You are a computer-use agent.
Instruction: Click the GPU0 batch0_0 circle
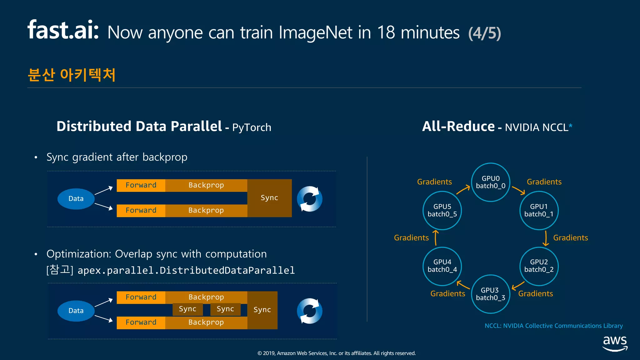[490, 182]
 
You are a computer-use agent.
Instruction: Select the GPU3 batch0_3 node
[490, 294]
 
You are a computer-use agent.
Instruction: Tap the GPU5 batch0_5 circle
[442, 210]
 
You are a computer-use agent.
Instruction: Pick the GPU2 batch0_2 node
[539, 266]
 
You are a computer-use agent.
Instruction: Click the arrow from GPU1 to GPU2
[546, 238]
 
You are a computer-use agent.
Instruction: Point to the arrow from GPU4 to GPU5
[436, 238]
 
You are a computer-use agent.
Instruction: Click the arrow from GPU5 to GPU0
[463, 189]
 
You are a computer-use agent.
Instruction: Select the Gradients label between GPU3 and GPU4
[447, 294]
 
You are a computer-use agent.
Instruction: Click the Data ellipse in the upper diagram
[76, 199]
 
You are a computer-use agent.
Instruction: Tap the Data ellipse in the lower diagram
[76, 311]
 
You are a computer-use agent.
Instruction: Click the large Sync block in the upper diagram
[269, 198]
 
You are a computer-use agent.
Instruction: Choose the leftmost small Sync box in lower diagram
[187, 309]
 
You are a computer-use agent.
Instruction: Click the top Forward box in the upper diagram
[141, 185]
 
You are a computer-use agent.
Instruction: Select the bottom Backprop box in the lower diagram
[206, 322]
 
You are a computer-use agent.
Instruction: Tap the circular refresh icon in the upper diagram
[309, 199]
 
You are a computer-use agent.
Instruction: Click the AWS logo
[615, 343]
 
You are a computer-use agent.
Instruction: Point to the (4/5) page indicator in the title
[484, 33]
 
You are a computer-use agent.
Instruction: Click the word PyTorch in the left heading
[252, 127]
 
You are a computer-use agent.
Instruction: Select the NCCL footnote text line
[553, 326]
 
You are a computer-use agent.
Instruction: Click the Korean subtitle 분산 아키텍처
[72, 75]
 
